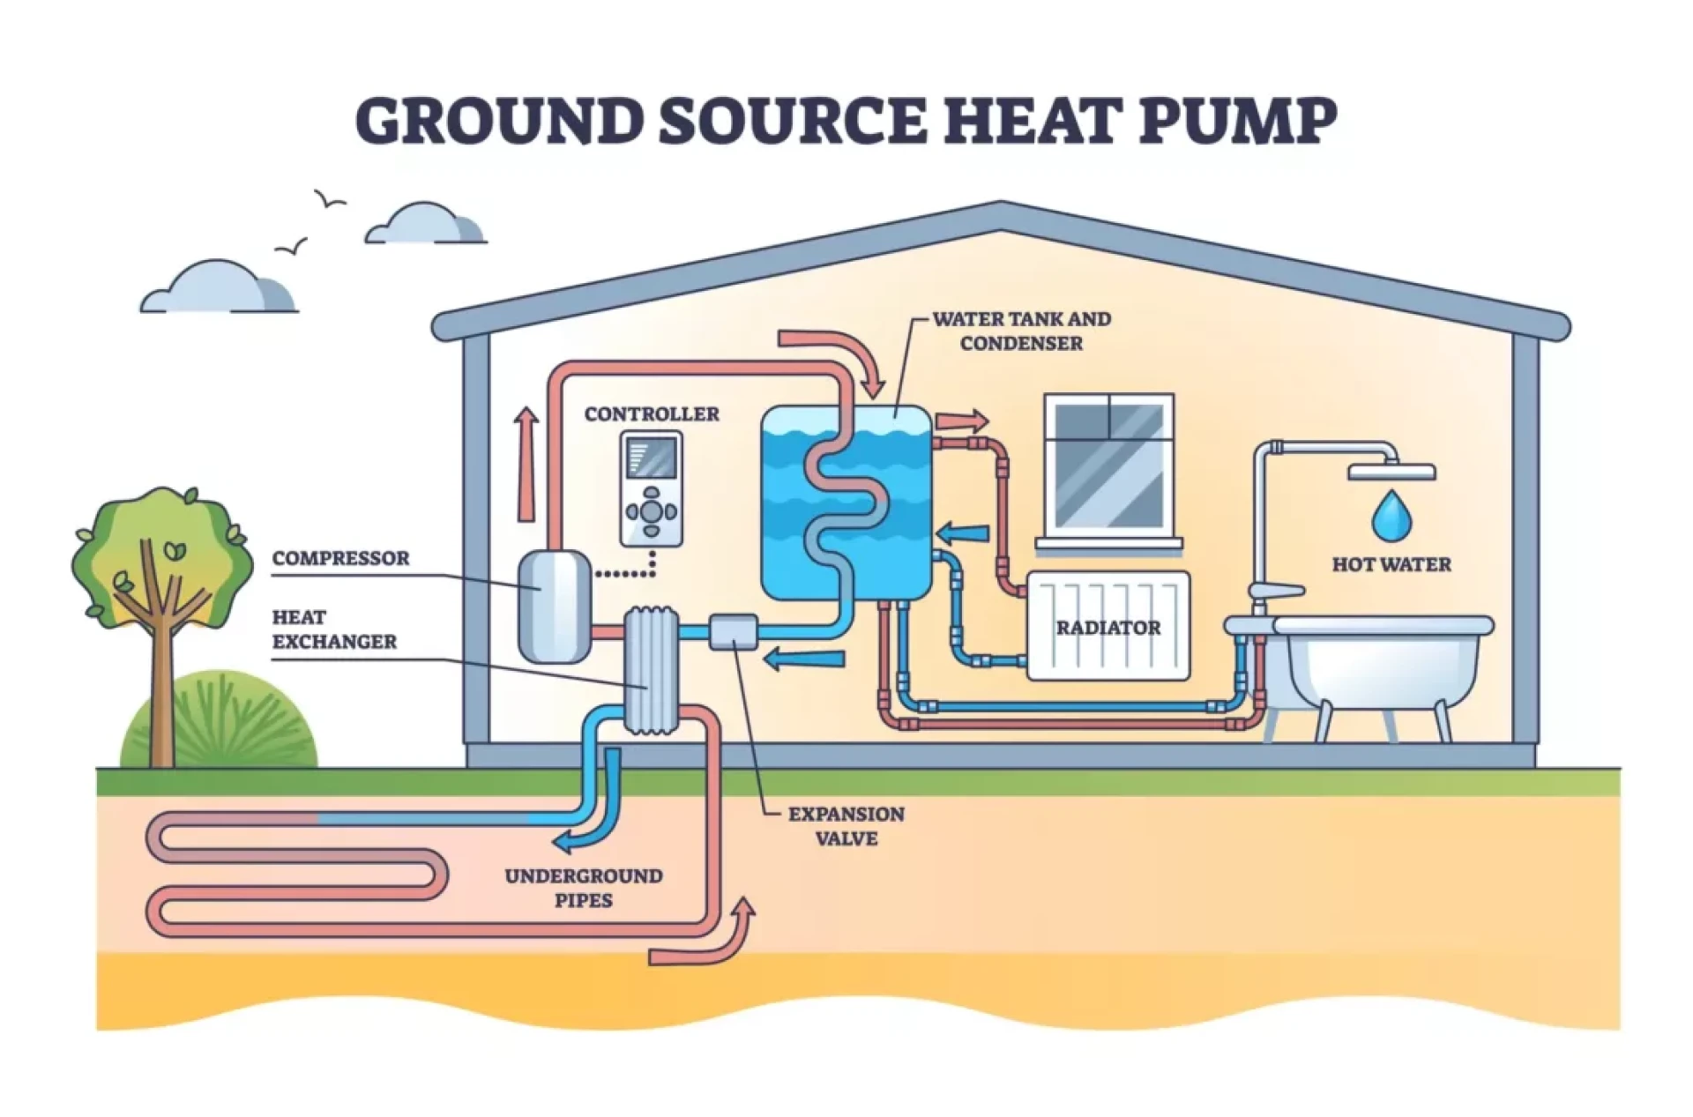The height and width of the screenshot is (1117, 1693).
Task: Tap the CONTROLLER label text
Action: coord(652,413)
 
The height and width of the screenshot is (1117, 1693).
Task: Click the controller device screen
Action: coord(651,458)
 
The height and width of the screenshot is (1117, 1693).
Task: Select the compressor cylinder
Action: coord(554,606)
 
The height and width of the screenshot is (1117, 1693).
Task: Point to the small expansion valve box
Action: coord(733,631)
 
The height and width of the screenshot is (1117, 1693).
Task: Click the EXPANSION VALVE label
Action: coord(846,826)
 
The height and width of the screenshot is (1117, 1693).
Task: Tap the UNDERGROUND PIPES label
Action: coord(583,888)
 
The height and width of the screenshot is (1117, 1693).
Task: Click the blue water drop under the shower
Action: coord(1391,516)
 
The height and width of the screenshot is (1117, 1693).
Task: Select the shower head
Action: coord(1391,473)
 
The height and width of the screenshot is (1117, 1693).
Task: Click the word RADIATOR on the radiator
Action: coord(1108,628)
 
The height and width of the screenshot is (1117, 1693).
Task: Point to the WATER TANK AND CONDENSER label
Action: coord(1021,331)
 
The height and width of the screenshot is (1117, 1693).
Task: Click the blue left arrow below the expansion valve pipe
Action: coord(803,659)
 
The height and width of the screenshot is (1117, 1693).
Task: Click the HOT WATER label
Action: coord(1391,564)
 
